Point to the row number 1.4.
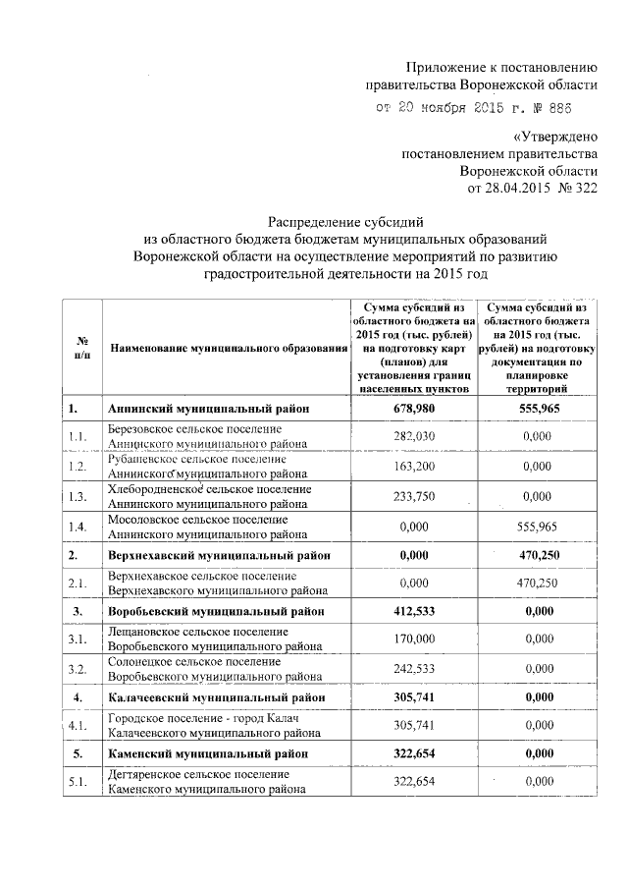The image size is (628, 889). tap(79, 527)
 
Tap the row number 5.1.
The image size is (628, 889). tap(79, 782)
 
